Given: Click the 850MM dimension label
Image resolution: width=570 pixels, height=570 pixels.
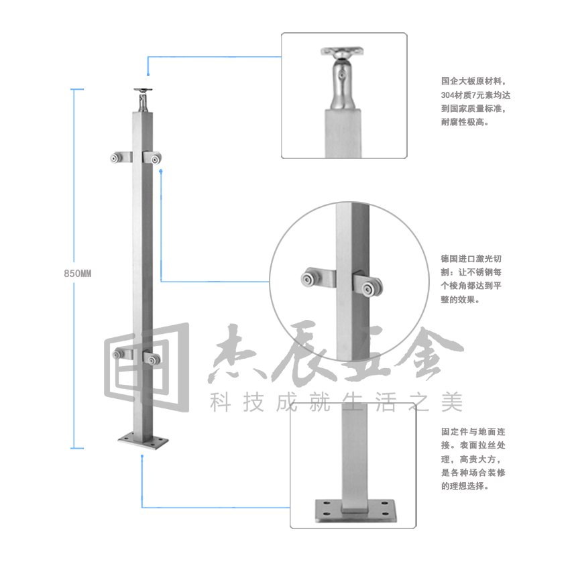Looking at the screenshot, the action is click(x=77, y=274).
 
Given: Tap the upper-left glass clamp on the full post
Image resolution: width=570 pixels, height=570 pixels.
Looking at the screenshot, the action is click(x=121, y=158).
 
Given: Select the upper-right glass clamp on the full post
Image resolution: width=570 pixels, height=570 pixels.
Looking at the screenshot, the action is click(x=152, y=158).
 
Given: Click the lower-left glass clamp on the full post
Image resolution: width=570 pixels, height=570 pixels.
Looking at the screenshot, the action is click(x=123, y=353).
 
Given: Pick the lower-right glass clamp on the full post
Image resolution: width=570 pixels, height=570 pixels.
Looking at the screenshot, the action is click(x=152, y=357).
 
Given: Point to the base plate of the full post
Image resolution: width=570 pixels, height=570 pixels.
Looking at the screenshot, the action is click(x=143, y=441).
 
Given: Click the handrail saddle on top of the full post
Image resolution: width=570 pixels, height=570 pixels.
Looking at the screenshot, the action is click(x=143, y=100).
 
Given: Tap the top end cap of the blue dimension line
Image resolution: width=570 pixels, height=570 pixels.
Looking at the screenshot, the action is click(x=77, y=89).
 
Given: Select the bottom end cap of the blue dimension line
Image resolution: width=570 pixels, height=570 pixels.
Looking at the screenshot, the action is click(x=77, y=448).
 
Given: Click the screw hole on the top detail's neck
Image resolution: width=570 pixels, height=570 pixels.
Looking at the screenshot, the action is click(x=341, y=76).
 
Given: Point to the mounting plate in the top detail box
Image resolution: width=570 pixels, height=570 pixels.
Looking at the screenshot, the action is click(x=342, y=51).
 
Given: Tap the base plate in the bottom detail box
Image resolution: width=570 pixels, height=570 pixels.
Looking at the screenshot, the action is click(x=355, y=511).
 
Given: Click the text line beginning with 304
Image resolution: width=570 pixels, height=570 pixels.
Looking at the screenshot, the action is click(x=475, y=95).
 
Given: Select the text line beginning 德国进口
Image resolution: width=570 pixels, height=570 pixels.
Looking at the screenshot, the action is click(x=471, y=258).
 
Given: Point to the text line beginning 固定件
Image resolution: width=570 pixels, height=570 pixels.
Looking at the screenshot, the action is click(x=473, y=431).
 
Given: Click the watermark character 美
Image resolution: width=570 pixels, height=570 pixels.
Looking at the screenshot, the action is click(x=452, y=402).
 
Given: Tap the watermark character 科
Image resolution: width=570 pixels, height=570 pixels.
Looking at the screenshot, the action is click(x=221, y=402).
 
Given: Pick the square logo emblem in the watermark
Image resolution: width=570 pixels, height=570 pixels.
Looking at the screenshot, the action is click(x=147, y=367).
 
